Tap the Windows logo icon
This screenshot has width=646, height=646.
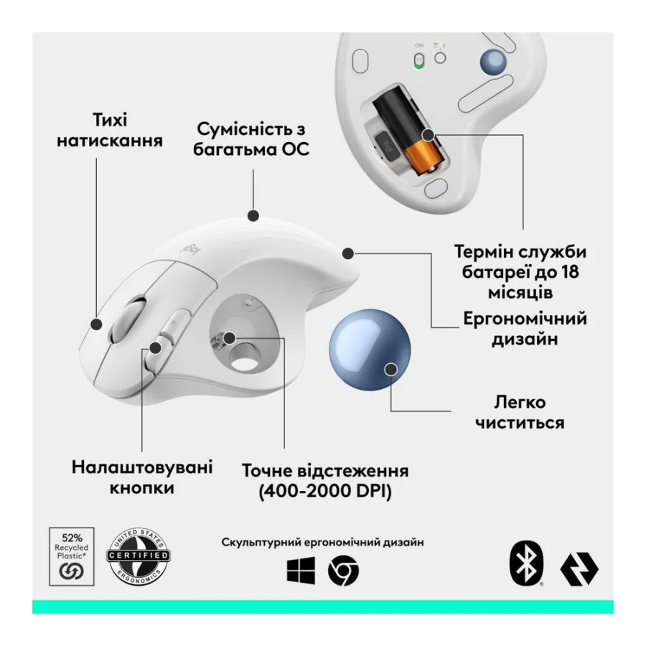(x=300, y=571)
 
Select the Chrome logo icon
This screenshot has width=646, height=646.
(x=343, y=571)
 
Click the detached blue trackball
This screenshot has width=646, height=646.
(x=366, y=352)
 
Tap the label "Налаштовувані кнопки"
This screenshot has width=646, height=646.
(x=142, y=477)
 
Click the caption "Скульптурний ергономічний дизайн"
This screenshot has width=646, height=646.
(x=322, y=542)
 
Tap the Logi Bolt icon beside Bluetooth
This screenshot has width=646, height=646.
(x=580, y=570)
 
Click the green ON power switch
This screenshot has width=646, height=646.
(x=418, y=60)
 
